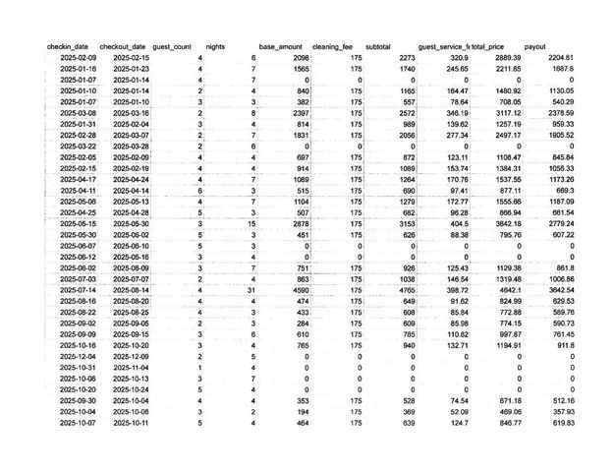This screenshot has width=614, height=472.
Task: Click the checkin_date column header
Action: [x=68, y=46]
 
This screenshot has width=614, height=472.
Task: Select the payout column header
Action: [x=535, y=46]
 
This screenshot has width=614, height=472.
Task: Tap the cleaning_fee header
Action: [x=333, y=46]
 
